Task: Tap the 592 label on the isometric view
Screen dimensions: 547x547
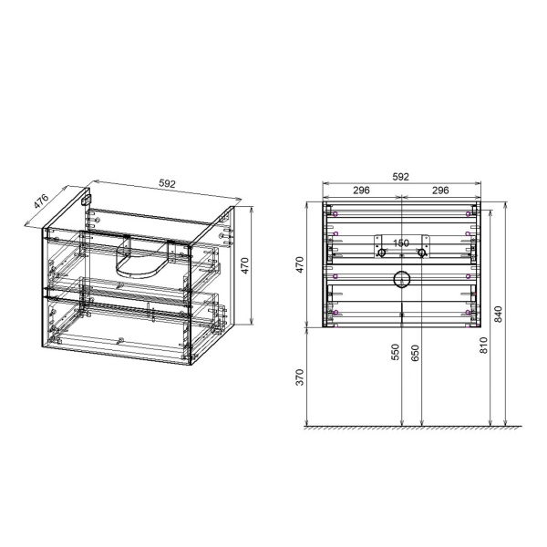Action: click(x=168, y=183)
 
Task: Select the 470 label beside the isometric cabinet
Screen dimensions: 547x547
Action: click(x=244, y=265)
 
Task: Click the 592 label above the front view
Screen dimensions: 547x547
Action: click(x=401, y=178)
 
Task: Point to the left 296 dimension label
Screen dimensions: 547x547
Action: click(x=361, y=191)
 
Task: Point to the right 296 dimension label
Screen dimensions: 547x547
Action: click(x=441, y=191)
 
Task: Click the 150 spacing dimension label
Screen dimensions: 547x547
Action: click(x=401, y=243)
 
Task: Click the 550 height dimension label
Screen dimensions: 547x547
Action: click(x=396, y=354)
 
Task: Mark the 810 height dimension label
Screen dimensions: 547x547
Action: click(x=483, y=346)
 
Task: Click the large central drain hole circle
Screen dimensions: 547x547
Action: click(x=401, y=280)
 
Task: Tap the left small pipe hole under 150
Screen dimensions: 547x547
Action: click(x=382, y=253)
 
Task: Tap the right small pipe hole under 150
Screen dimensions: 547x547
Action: click(x=421, y=253)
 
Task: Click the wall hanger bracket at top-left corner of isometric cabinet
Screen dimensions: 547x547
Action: click(x=89, y=198)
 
